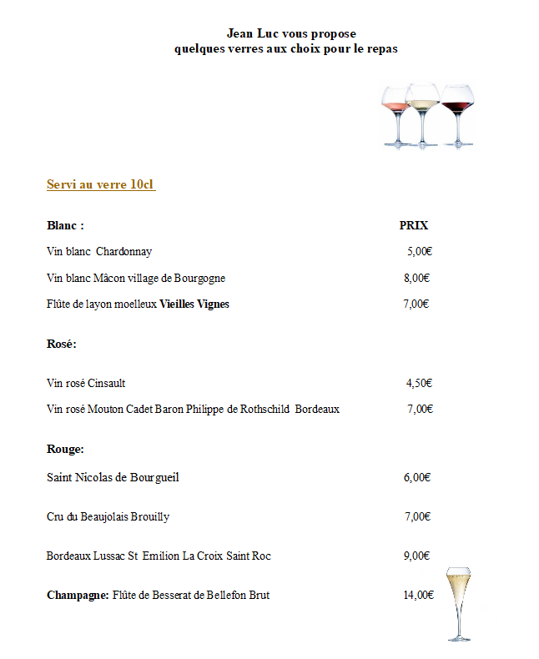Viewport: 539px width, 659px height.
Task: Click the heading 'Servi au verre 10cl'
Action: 101,184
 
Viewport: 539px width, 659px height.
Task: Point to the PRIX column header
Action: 414,225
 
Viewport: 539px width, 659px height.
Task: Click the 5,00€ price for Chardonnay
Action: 419,251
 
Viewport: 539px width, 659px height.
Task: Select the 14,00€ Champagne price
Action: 418,595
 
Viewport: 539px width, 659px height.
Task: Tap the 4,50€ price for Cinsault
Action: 418,383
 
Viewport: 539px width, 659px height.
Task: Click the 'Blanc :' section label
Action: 65,225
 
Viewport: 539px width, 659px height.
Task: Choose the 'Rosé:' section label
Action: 62,343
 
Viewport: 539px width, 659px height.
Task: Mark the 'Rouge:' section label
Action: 65,449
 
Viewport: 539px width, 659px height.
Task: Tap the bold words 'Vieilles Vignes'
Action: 194,304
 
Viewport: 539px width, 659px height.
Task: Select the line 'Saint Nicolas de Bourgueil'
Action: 113,477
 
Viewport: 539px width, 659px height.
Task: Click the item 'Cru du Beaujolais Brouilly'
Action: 108,516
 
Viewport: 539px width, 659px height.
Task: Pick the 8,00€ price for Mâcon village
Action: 416,278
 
